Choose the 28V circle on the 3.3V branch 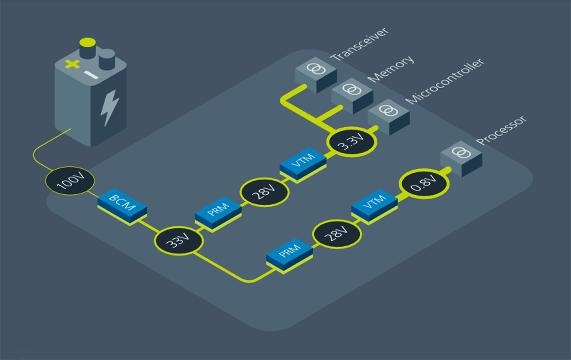(x=265, y=192)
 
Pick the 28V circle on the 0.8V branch (x=337, y=233)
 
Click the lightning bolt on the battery (x=110, y=109)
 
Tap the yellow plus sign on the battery (x=72, y=64)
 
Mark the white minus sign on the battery (x=92, y=75)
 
